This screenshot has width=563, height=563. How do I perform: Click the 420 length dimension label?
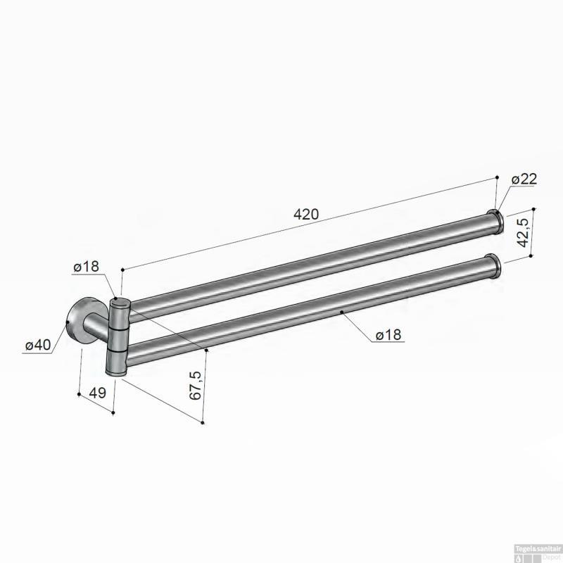click(x=306, y=215)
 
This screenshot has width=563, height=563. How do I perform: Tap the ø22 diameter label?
click(x=524, y=179)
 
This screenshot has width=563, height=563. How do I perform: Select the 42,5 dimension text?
click(x=524, y=233)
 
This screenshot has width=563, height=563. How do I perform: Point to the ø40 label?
click(x=38, y=345)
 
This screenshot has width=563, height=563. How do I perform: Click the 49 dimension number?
click(x=97, y=393)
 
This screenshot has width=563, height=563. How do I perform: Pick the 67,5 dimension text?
click(x=195, y=386)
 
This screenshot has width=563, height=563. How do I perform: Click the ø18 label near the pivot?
click(x=86, y=267)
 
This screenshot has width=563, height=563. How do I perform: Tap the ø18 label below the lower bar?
click(x=388, y=335)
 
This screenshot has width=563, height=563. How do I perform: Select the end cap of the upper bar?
click(x=498, y=222)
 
